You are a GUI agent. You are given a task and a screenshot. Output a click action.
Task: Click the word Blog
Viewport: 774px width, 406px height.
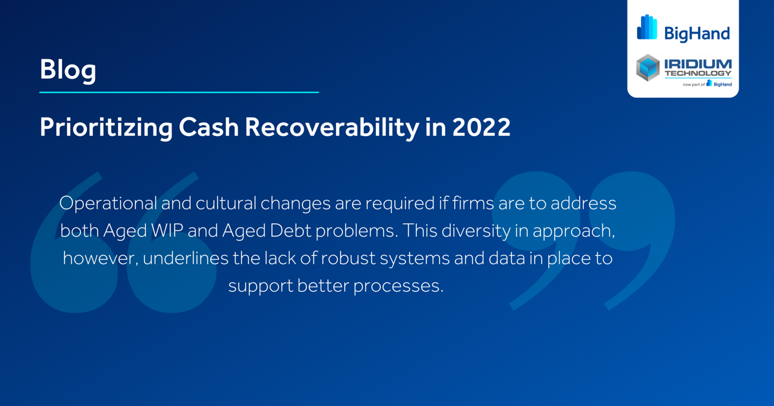[68, 70]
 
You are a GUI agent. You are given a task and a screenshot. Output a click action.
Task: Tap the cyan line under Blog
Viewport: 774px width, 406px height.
[179, 92]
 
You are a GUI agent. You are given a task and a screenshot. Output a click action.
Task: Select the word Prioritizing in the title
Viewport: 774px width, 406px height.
[106, 128]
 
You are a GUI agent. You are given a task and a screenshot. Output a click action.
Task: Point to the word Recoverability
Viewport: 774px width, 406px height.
[328, 127]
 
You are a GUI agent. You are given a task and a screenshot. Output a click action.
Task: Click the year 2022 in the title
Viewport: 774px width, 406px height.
[481, 127]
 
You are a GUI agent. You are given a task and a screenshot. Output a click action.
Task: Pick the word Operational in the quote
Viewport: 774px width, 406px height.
[106, 204]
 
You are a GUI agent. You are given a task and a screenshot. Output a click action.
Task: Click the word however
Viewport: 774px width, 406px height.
[97, 259]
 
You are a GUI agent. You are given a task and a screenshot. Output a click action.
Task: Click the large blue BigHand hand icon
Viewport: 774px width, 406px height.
[647, 27]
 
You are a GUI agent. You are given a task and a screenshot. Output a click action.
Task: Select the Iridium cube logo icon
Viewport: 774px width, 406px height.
[648, 68]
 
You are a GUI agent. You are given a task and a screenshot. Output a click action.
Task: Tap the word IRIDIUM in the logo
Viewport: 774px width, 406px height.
[698, 64]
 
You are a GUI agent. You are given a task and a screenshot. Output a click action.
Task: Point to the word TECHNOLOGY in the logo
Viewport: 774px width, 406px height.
[698, 73]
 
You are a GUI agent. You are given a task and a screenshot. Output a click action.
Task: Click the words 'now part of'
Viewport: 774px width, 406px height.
[693, 84]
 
